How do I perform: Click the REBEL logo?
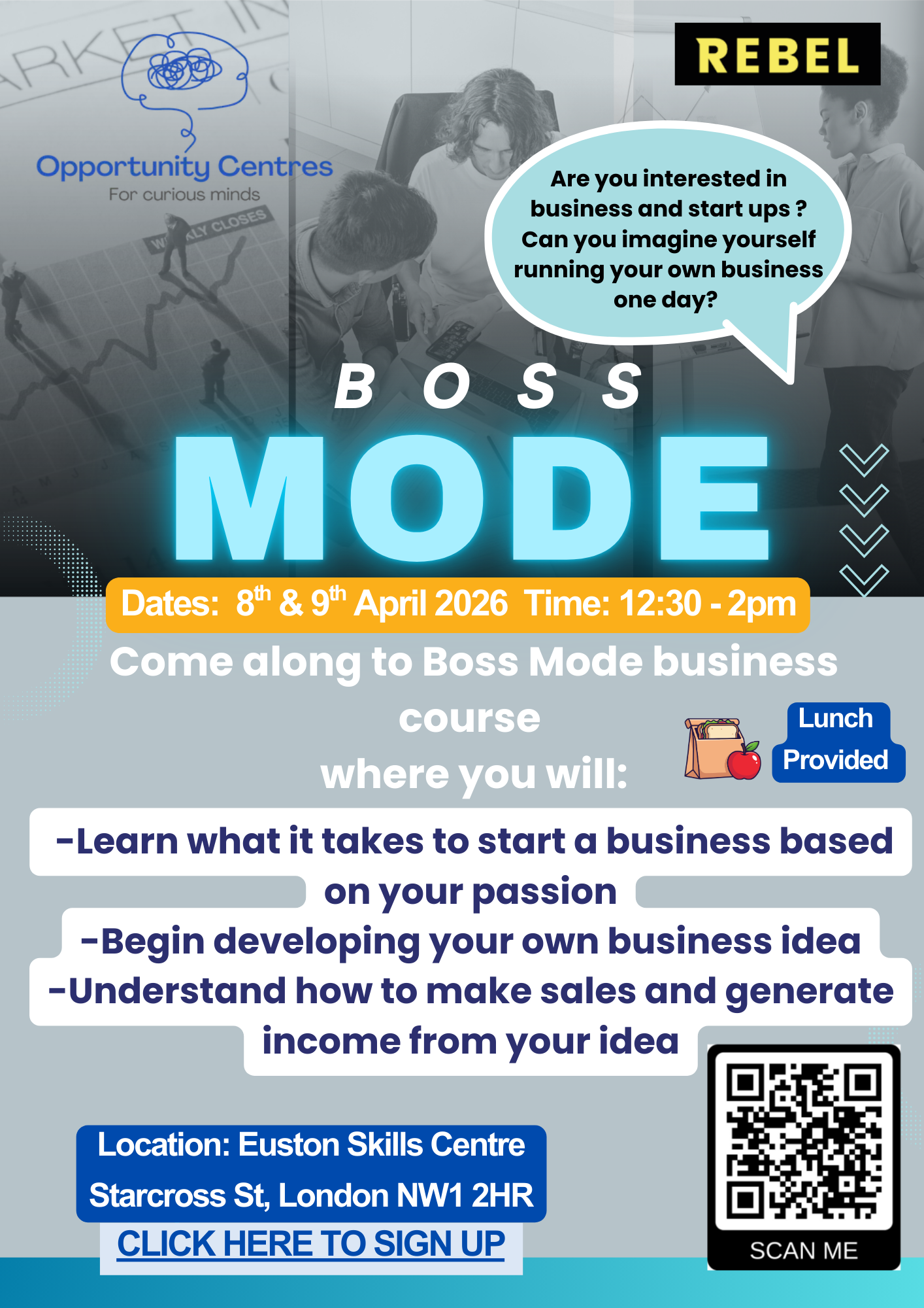coord(777,54)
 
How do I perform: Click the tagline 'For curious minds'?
coord(184,194)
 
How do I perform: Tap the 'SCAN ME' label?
coord(803,1251)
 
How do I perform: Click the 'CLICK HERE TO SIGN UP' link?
coord(311,1244)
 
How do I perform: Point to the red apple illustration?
coord(744,761)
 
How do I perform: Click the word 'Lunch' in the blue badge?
coord(835,718)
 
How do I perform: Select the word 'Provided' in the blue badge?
coord(835,760)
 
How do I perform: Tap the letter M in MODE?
coord(250,498)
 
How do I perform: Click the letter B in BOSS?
coord(354,387)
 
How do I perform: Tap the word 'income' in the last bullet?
coord(330,1041)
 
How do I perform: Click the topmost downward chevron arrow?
coord(864,460)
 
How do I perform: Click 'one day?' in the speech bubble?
coord(665,300)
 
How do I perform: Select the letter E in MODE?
coord(714,498)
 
